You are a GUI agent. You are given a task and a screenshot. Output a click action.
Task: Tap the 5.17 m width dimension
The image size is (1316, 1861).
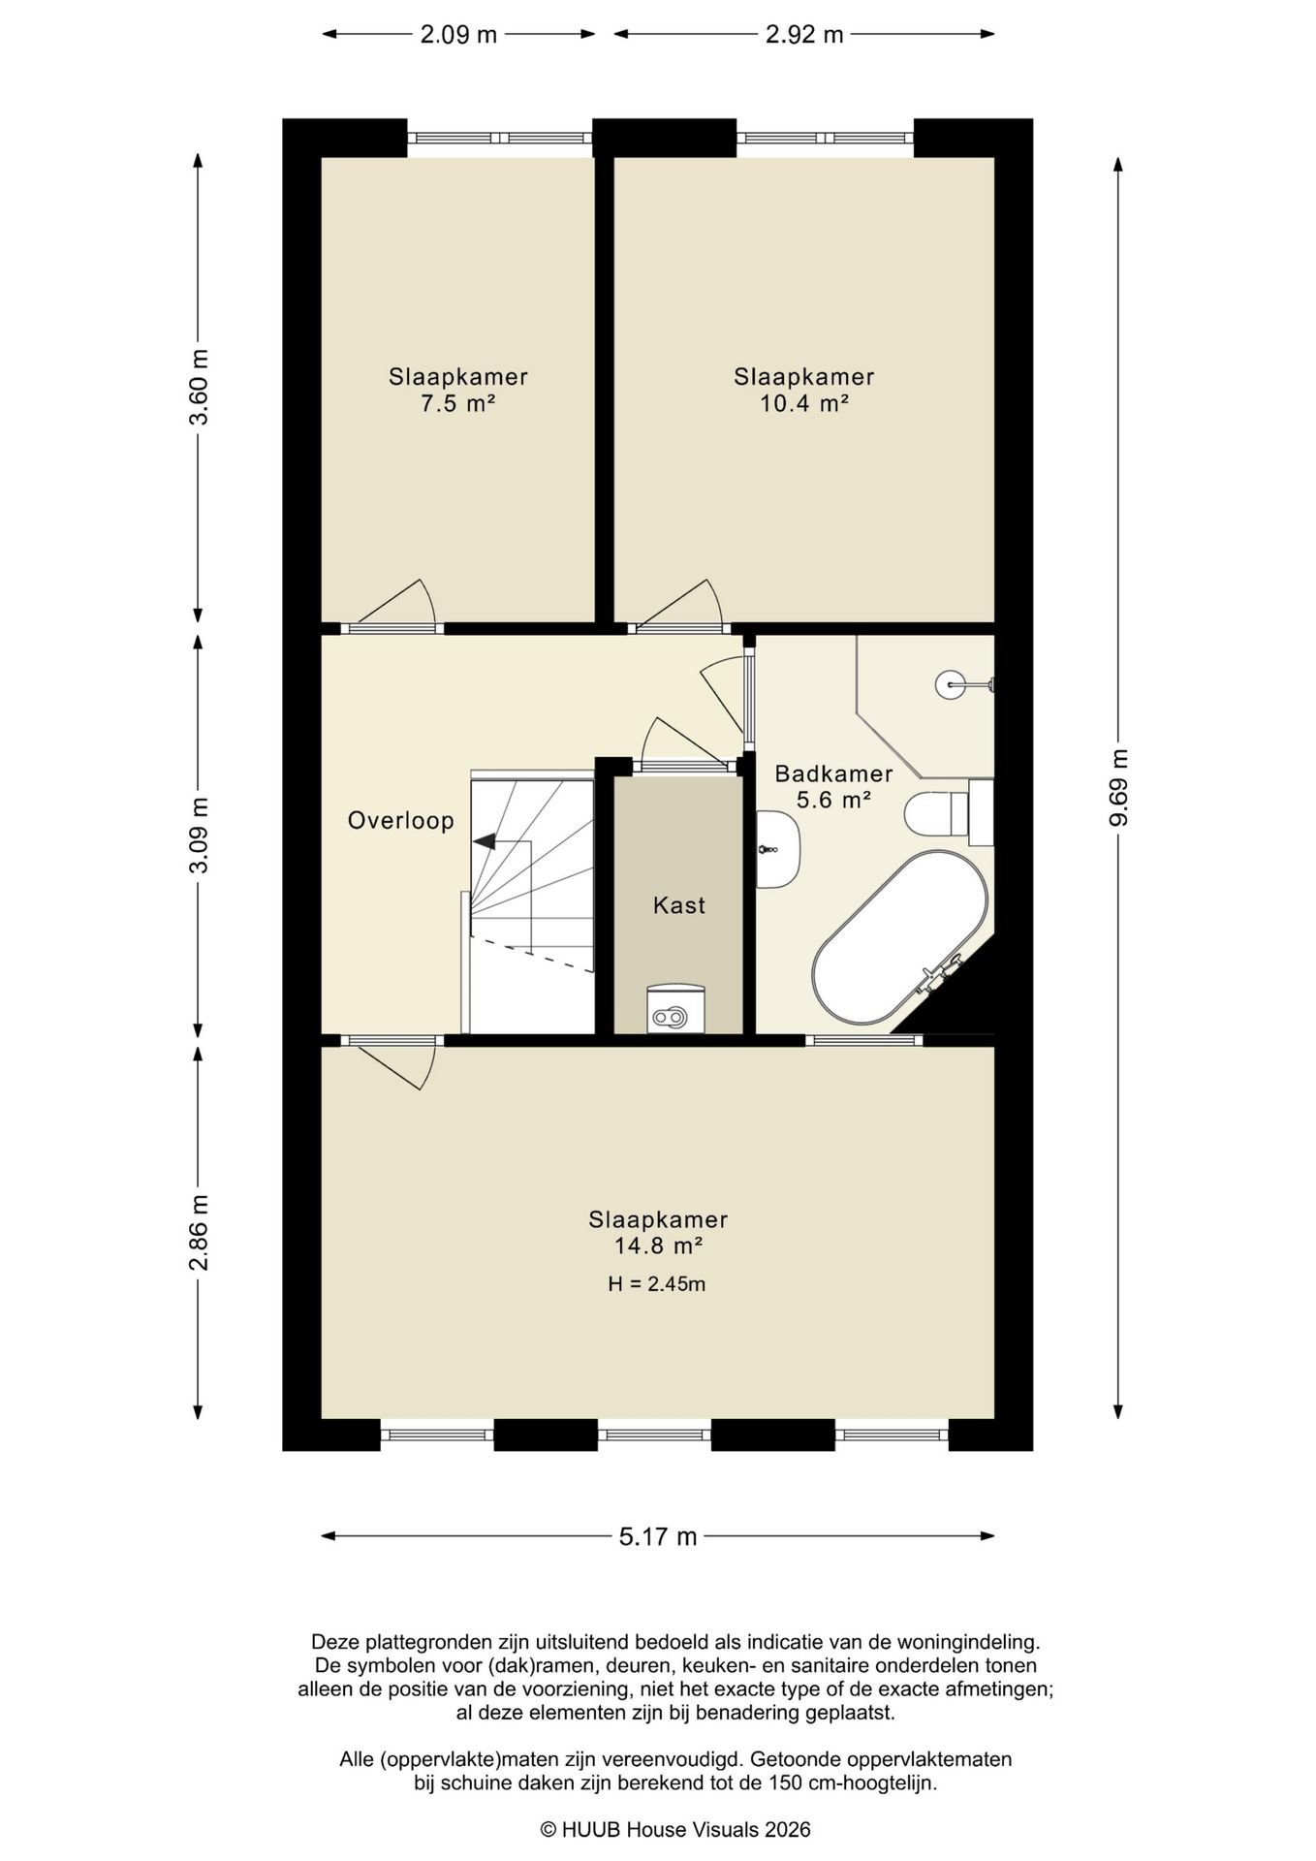click(x=658, y=1536)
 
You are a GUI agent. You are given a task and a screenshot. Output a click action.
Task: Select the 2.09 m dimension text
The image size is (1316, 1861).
click(x=458, y=35)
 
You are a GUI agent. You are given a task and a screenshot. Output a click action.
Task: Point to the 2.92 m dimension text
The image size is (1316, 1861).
click(x=804, y=35)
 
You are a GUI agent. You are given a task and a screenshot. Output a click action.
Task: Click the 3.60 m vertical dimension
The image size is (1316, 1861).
click(x=199, y=387)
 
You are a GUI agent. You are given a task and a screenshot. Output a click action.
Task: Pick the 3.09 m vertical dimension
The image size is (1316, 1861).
click(x=199, y=835)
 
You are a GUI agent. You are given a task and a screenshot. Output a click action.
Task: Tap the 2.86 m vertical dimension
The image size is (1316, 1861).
click(x=199, y=1232)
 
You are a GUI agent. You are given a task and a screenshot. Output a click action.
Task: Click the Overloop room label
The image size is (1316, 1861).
click(x=401, y=821)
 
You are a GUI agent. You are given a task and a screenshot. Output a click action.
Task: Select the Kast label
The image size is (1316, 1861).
click(x=679, y=905)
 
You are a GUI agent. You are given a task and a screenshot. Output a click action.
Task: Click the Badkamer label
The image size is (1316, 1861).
click(x=833, y=774)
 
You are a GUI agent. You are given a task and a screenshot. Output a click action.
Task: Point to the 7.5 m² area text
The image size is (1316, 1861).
click(x=458, y=403)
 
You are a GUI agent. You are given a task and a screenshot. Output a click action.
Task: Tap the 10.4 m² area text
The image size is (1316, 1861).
click(x=804, y=403)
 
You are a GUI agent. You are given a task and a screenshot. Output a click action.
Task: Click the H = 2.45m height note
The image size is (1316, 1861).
click(x=657, y=1284)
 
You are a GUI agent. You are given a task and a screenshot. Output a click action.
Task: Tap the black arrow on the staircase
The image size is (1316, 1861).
click(x=484, y=841)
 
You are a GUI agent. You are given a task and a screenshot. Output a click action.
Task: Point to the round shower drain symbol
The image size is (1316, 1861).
click(x=950, y=684)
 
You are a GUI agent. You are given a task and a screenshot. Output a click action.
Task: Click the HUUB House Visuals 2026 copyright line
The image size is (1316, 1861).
click(x=675, y=1830)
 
